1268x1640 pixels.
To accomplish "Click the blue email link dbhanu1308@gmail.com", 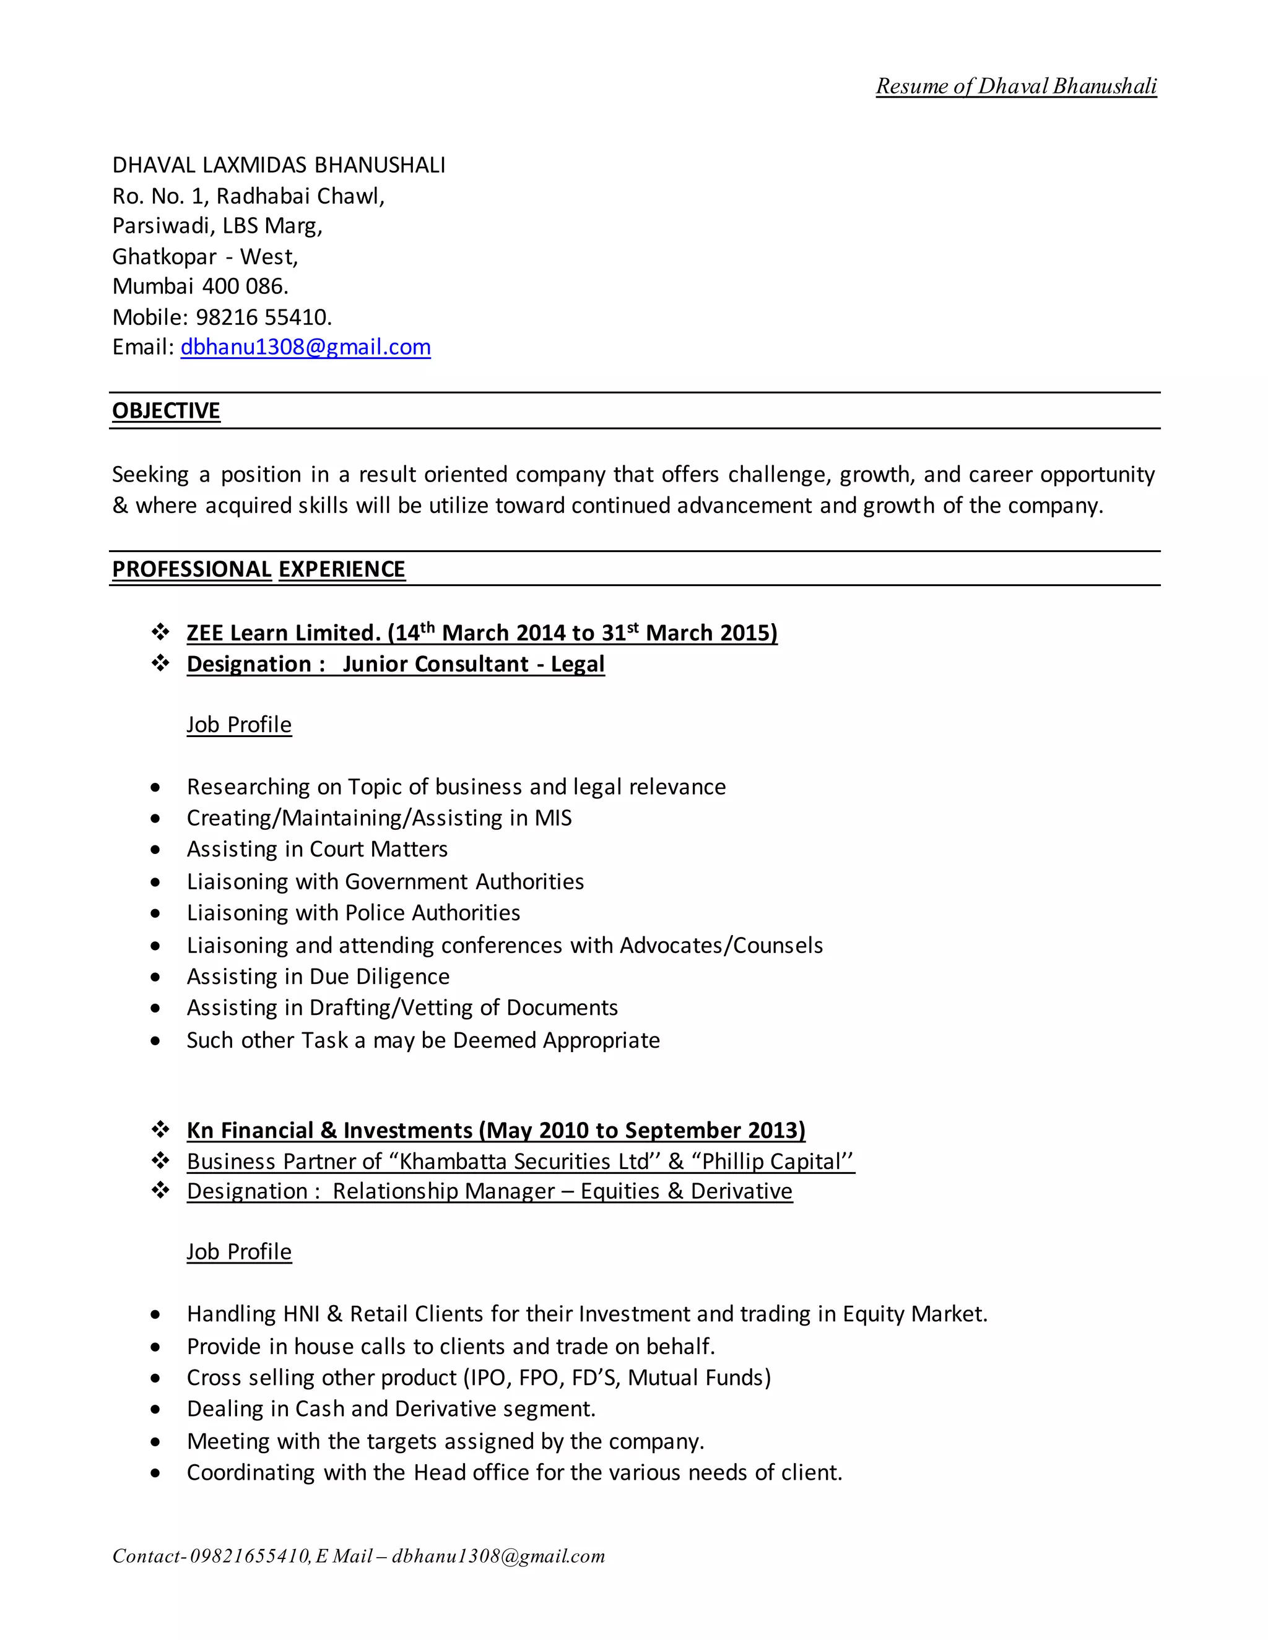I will tap(305, 347).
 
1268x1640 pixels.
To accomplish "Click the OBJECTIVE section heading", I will tap(166, 411).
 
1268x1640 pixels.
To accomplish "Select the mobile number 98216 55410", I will tap(264, 317).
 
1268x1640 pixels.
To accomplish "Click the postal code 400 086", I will tap(245, 286).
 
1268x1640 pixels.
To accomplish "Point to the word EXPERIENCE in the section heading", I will tap(342, 569).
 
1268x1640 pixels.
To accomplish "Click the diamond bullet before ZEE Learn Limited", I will tap(161, 632).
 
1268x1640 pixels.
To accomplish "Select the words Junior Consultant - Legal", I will tap(473, 664).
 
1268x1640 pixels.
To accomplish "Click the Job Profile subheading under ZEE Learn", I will tap(239, 725).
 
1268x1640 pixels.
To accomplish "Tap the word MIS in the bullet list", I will tap(553, 818).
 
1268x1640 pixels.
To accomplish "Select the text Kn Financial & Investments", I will tap(329, 1130).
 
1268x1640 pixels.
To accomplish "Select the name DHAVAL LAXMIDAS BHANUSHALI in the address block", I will tap(279, 165).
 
